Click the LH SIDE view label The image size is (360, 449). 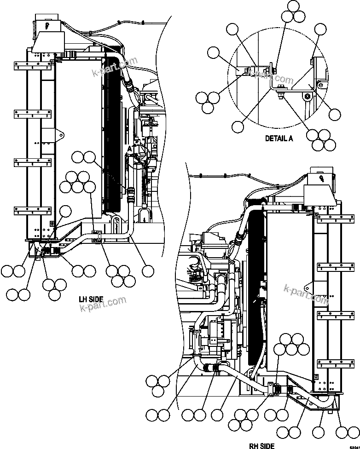90,299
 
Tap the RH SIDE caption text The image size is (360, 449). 261,445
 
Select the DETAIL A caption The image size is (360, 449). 279,138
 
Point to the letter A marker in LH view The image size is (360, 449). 130,149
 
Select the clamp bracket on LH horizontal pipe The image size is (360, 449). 97,236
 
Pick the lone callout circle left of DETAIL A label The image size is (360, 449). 238,126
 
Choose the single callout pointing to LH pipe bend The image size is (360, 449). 148,271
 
